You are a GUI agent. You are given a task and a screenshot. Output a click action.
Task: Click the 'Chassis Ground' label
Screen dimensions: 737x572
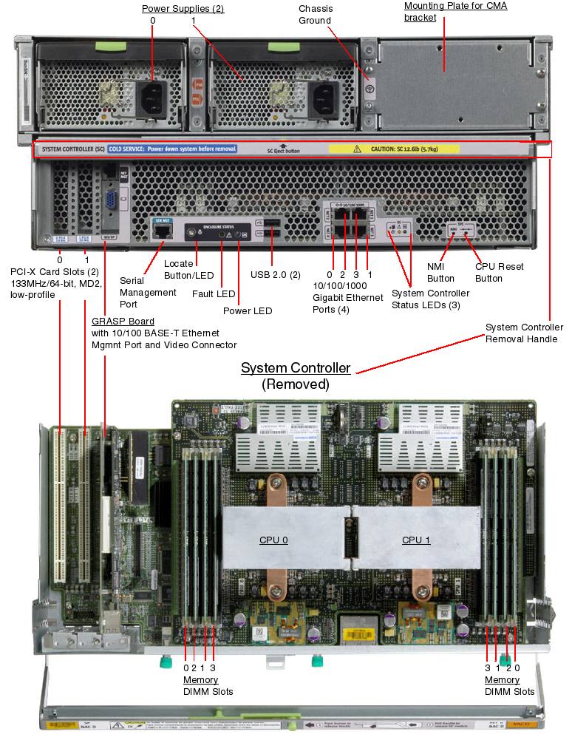pyautogui.click(x=315, y=15)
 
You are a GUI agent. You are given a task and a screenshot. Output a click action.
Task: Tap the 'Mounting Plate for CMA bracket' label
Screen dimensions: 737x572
pyautogui.click(x=455, y=11)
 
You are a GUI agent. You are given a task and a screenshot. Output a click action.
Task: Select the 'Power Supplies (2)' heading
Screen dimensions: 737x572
pyautogui.click(x=183, y=9)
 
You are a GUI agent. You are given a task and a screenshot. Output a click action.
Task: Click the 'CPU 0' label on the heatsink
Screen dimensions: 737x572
pyautogui.click(x=273, y=540)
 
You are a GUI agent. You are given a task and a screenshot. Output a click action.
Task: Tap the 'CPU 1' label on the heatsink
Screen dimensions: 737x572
pyautogui.click(x=416, y=540)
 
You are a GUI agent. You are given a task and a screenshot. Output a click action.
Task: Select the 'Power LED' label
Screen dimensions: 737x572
pyautogui.click(x=247, y=311)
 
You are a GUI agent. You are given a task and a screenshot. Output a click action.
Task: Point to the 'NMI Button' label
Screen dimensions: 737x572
pyautogui.click(x=440, y=273)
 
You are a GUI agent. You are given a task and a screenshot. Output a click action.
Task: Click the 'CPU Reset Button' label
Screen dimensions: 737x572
pyautogui.click(x=488, y=273)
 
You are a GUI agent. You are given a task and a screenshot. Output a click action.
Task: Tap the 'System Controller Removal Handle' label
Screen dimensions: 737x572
pyautogui.click(x=524, y=333)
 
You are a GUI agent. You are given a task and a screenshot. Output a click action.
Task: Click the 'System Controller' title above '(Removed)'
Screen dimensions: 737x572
pyautogui.click(x=296, y=368)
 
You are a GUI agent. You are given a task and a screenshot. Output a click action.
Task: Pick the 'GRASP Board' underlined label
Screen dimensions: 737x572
pyautogui.click(x=123, y=322)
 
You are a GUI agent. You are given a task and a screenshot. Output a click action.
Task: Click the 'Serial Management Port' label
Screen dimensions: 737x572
pyautogui.click(x=148, y=293)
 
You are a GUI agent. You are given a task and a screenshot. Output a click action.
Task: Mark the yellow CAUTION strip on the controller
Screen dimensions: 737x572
pyautogui.click(x=393, y=149)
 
